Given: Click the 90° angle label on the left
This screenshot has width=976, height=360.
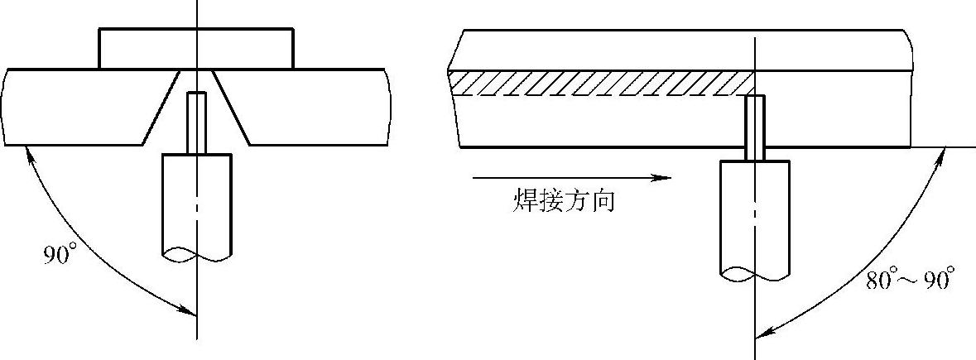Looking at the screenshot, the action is [60, 253].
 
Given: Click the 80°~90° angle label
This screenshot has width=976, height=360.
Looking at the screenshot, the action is [910, 279].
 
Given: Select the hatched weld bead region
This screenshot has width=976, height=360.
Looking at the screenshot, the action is [602, 84].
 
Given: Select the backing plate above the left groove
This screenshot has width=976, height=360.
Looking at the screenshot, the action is [196, 49].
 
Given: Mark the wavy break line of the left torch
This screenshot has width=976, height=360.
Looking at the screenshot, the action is [197, 255].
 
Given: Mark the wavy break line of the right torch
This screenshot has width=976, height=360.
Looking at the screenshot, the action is [755, 271].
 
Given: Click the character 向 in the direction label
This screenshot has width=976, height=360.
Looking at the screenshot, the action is [603, 201].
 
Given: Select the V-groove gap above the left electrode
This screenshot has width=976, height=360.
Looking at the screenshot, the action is [197, 81].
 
